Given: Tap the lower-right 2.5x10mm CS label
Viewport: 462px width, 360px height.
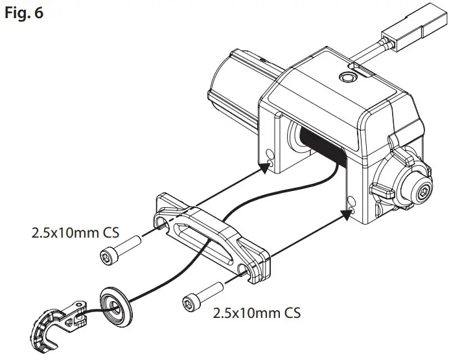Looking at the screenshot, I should pyautogui.click(x=257, y=313).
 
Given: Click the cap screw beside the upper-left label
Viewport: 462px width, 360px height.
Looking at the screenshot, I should pyautogui.click(x=122, y=249).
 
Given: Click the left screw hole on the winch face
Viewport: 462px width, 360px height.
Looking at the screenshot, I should pyautogui.click(x=270, y=155).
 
